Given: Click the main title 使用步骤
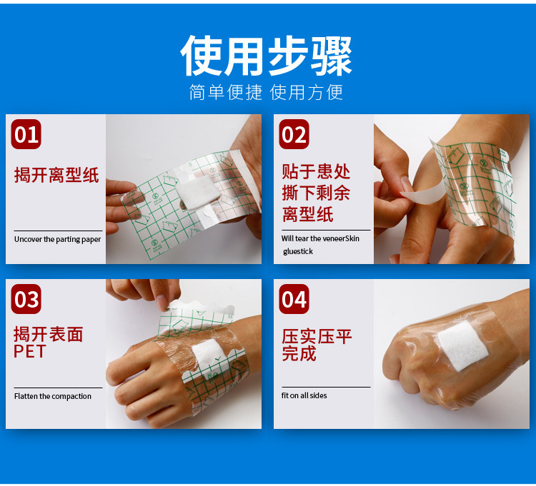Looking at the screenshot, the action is pyautogui.click(x=266, y=56).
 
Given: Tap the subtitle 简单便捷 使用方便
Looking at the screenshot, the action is pyautogui.click(x=266, y=92).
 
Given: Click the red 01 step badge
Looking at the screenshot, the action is pyautogui.click(x=26, y=134).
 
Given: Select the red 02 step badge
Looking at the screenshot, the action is pyautogui.click(x=294, y=134).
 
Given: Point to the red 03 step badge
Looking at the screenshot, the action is pyautogui.click(x=26, y=299).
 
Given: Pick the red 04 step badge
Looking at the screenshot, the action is pyautogui.click(x=294, y=299).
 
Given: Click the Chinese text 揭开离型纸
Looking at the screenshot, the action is pyautogui.click(x=56, y=175).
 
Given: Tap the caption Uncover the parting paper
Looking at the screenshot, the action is pyautogui.click(x=57, y=239).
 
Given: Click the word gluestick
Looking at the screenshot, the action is pyautogui.click(x=298, y=251).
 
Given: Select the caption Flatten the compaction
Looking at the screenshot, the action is pyautogui.click(x=53, y=396).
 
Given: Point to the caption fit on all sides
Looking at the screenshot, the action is pyautogui.click(x=304, y=395).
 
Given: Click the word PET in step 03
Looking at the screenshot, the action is pyautogui.click(x=29, y=352).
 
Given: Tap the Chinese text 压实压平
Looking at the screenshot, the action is pyautogui.click(x=317, y=337).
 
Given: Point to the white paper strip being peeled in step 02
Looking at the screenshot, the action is pyautogui.click(x=423, y=194).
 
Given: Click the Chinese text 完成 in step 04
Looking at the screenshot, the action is pyautogui.click(x=299, y=353).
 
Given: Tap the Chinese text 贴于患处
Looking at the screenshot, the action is pyautogui.click(x=316, y=171).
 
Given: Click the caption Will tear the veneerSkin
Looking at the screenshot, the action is pyautogui.click(x=320, y=238).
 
